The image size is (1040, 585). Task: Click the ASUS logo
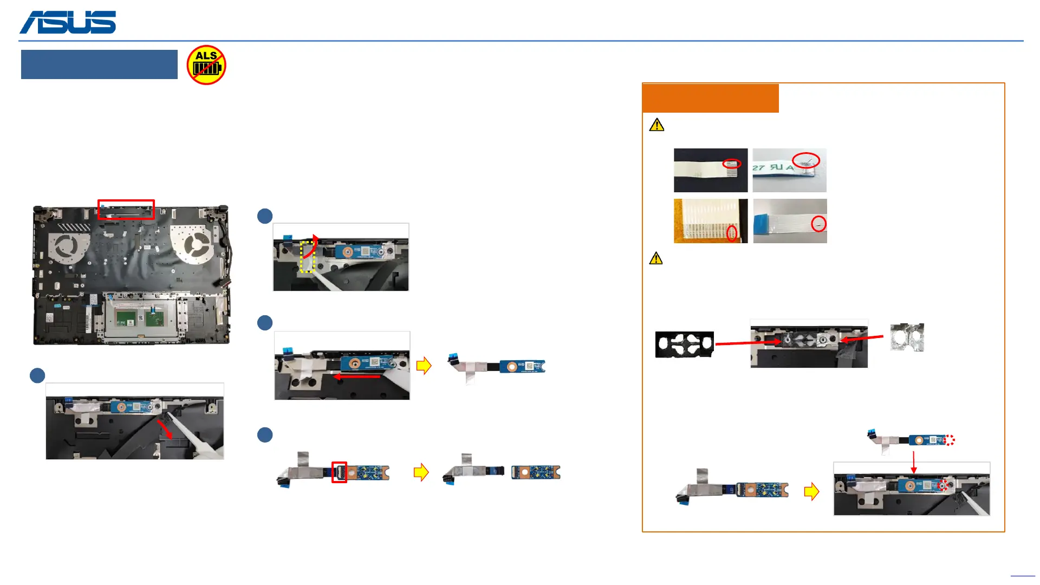coord(68,22)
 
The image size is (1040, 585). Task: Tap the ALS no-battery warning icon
coord(206,65)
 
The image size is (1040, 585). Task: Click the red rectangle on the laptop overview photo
coord(126,210)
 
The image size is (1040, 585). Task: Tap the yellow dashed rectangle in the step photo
coord(308,257)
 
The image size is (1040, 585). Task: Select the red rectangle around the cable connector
coord(339,472)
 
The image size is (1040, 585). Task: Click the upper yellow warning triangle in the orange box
coord(656,125)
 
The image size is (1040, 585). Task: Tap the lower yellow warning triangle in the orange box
coord(656,258)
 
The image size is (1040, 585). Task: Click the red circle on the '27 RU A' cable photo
coord(806,160)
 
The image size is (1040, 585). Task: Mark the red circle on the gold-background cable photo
coord(732,233)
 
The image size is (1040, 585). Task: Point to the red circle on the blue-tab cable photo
coord(818,224)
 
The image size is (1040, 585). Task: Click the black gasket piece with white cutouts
coord(685,344)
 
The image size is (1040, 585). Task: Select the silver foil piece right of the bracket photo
coord(907,337)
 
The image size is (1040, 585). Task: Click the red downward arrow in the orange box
coord(914,463)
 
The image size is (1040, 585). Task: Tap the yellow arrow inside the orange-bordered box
coord(811,492)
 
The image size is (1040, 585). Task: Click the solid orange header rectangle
coord(711,98)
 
